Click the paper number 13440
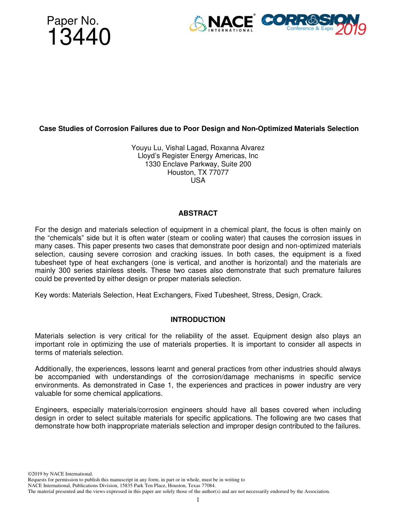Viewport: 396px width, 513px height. pyautogui.click(x=79, y=38)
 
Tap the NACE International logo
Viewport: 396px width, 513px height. pyautogui.click(x=221, y=24)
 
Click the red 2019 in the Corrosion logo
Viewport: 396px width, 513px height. pyautogui.click(x=351, y=29)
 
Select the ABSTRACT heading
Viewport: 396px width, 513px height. pyautogui.click(x=198, y=213)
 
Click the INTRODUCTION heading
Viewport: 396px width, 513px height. pyautogui.click(x=198, y=319)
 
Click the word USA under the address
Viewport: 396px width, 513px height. pyautogui.click(x=198, y=180)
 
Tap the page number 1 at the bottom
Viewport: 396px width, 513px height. pyautogui.click(x=198, y=500)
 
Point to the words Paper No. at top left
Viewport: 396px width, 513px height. pyautogui.click(x=73, y=20)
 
